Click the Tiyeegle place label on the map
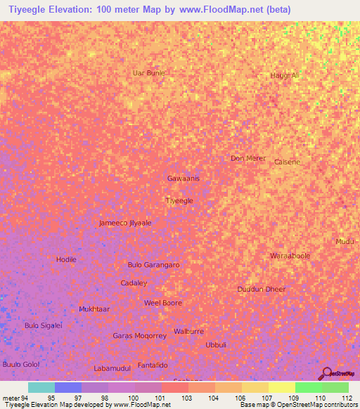click(x=179, y=201)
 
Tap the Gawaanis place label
click(x=184, y=178)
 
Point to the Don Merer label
click(x=248, y=158)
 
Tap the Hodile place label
click(x=66, y=259)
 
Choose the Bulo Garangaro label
click(x=153, y=265)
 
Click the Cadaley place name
click(x=134, y=283)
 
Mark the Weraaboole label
click(x=290, y=256)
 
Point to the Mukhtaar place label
click(x=94, y=309)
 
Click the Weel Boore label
click(x=162, y=303)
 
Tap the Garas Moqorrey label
click(x=139, y=336)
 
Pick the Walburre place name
click(x=188, y=330)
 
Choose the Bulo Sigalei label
click(x=44, y=325)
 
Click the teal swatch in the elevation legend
click(x=41, y=387)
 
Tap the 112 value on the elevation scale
click(x=347, y=397)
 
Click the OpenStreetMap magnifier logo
click(x=327, y=374)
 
